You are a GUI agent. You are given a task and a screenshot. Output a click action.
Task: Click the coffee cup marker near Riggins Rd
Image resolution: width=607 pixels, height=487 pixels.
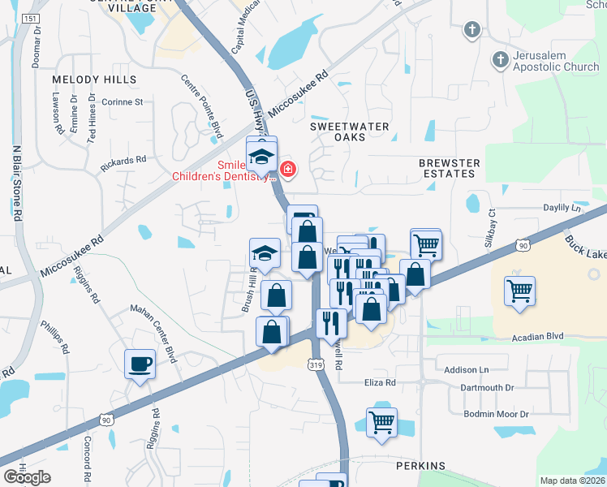click(140, 363)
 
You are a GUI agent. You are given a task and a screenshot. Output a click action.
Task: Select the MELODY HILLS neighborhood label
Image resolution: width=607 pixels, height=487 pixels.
click(93, 80)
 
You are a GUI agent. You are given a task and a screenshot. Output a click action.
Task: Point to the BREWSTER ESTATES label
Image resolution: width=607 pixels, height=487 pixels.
click(449, 168)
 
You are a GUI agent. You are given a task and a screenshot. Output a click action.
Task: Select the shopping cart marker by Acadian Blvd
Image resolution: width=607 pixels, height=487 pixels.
click(519, 290)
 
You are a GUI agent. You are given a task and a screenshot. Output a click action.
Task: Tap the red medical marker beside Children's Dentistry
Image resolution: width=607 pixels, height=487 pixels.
click(287, 169)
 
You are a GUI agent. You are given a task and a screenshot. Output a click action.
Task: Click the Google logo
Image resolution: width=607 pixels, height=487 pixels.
click(27, 476)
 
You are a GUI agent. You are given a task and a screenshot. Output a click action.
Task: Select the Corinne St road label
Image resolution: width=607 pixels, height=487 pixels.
click(122, 102)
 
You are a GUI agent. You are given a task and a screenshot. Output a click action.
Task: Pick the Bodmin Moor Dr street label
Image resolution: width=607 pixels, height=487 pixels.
click(496, 414)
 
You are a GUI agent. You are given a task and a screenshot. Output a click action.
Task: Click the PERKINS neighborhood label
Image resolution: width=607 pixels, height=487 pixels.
click(420, 466)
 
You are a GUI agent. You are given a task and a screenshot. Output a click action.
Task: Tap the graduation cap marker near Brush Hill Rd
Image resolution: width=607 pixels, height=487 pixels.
click(265, 253)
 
